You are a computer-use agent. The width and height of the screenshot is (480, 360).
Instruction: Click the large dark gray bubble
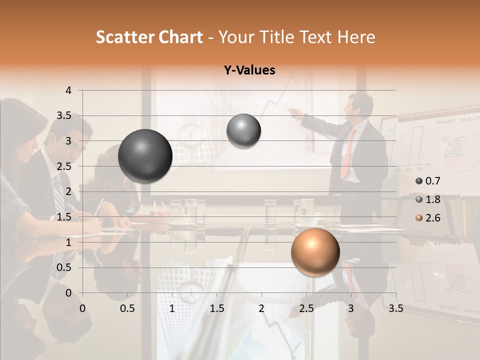point(145,156)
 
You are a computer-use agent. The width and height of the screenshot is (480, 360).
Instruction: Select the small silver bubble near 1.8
point(243,131)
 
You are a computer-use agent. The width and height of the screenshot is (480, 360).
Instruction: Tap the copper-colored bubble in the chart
point(315,252)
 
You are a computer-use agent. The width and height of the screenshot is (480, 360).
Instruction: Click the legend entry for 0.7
point(427,181)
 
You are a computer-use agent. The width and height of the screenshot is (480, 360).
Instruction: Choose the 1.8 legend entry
point(427,199)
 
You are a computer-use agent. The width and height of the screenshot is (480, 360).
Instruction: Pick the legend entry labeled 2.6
point(427,218)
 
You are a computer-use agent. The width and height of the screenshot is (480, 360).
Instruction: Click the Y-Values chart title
point(249,70)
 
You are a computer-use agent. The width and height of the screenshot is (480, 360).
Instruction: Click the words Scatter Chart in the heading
point(149,37)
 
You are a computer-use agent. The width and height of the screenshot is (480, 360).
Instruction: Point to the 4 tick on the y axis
point(68,90)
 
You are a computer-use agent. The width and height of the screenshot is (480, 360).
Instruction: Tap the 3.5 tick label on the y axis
point(64,116)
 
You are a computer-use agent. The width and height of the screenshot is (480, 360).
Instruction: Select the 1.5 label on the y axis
point(64,217)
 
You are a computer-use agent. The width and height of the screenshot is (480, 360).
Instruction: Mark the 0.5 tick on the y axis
point(64,267)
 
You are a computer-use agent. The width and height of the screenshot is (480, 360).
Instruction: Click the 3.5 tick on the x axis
point(395,308)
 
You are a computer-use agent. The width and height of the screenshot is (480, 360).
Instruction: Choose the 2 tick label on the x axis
point(261,308)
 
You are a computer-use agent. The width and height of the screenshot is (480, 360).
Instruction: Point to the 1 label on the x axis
point(172,308)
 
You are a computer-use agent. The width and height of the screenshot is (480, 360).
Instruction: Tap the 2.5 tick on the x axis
point(306,308)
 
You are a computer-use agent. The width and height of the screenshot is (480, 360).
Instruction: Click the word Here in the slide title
point(356,37)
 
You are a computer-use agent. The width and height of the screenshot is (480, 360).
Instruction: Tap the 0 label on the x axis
point(82,308)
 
